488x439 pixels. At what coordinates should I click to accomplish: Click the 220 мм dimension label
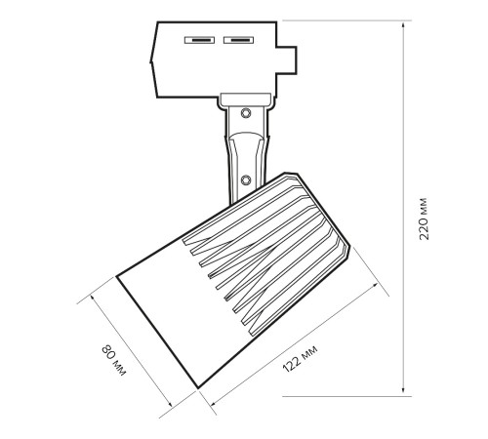(x=424, y=219)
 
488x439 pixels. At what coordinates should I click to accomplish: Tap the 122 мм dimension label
(x=300, y=359)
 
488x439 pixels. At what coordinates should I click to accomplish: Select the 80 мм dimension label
(x=113, y=360)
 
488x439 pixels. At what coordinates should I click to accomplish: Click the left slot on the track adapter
(x=199, y=40)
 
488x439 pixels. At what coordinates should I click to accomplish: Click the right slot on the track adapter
(x=238, y=40)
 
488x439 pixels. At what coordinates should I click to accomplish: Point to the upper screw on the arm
(x=246, y=113)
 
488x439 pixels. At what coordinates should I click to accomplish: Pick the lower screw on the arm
(x=246, y=180)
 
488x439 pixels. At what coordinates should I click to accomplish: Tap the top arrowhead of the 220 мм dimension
(x=403, y=25)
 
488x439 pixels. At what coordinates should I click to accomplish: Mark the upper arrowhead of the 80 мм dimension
(x=93, y=299)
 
